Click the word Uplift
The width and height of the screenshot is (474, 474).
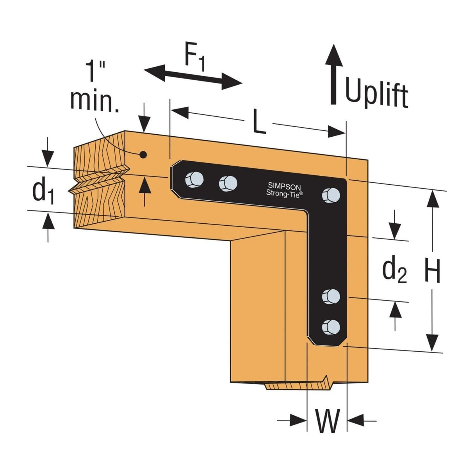tap(376, 92)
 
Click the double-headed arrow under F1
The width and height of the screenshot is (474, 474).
tap(193, 77)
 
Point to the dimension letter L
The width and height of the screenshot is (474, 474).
tap(258, 122)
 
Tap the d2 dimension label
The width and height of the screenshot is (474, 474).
tap(394, 270)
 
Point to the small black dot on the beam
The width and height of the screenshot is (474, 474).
tap(143, 155)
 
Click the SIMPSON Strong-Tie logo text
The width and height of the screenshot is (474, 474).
tap(284, 189)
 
